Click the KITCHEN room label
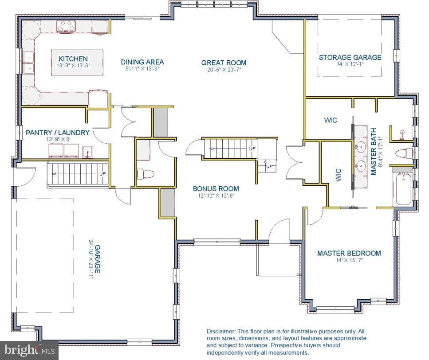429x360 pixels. (x=73, y=59)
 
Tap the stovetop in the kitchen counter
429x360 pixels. (x=66, y=27)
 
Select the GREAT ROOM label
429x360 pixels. (x=224, y=63)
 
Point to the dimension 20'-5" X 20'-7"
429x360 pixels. (x=224, y=70)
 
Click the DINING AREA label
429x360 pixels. (x=142, y=62)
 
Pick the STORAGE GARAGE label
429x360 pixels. (x=350, y=57)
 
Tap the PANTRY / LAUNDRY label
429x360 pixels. (x=58, y=133)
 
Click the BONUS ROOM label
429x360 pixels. (x=216, y=188)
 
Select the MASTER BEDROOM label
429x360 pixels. (x=349, y=253)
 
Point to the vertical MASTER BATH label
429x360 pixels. (x=374, y=152)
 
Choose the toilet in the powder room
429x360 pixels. (x=146, y=174)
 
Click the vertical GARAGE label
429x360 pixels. (x=98, y=259)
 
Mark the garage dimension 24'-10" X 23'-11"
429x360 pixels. (x=91, y=259)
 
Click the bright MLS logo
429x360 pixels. (x=29, y=350)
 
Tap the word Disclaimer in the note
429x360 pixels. (x=220, y=331)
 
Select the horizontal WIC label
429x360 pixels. (x=331, y=120)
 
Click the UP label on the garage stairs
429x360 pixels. (x=102, y=174)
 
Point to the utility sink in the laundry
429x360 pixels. (x=87, y=152)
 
